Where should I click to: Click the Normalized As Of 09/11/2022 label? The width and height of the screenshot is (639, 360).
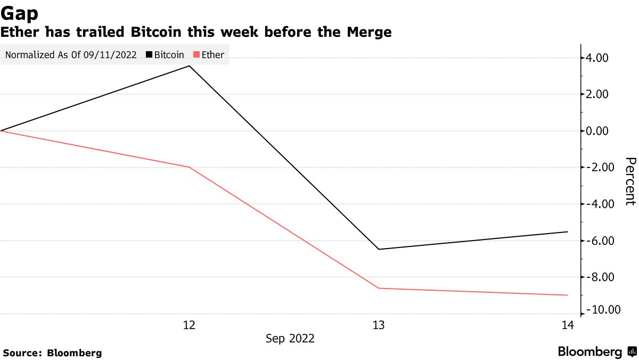[x=70, y=55]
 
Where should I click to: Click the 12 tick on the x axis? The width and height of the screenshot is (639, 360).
[x=189, y=325]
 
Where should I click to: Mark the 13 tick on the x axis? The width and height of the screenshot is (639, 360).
[x=379, y=325]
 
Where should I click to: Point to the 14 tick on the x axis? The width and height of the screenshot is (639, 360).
[x=568, y=325]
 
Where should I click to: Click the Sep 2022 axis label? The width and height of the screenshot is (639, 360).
[x=290, y=339]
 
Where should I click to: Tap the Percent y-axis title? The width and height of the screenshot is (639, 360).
[x=630, y=181]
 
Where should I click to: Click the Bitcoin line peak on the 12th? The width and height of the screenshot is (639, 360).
[x=189, y=66]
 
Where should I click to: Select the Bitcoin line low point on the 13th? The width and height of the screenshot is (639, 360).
[x=379, y=249]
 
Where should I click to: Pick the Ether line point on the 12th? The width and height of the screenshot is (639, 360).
[x=189, y=167]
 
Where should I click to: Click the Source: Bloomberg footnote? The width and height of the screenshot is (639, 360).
[x=52, y=353]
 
